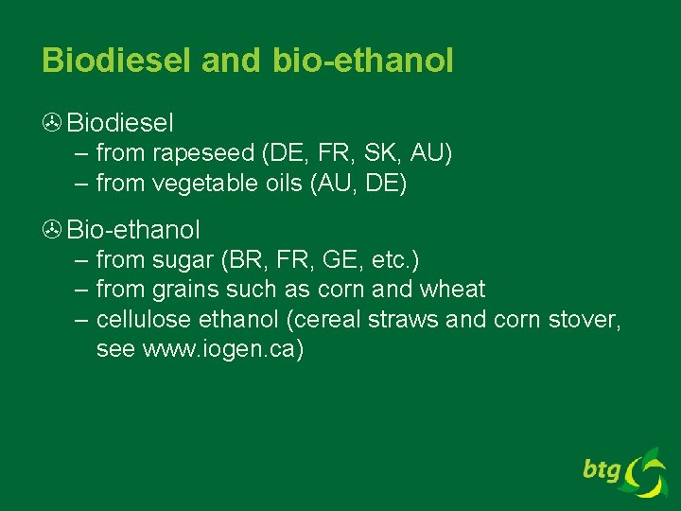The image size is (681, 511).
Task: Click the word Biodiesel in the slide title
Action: point(116,61)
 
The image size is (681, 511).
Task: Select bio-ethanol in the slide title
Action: point(363,61)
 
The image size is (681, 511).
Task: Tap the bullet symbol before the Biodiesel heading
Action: point(52,123)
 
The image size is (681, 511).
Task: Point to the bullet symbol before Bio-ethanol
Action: point(52,230)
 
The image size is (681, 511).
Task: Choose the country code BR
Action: point(240,259)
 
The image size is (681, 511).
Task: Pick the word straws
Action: point(407,320)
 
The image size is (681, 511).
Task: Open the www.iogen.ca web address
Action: point(222,350)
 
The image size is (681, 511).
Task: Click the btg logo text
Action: point(601,468)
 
